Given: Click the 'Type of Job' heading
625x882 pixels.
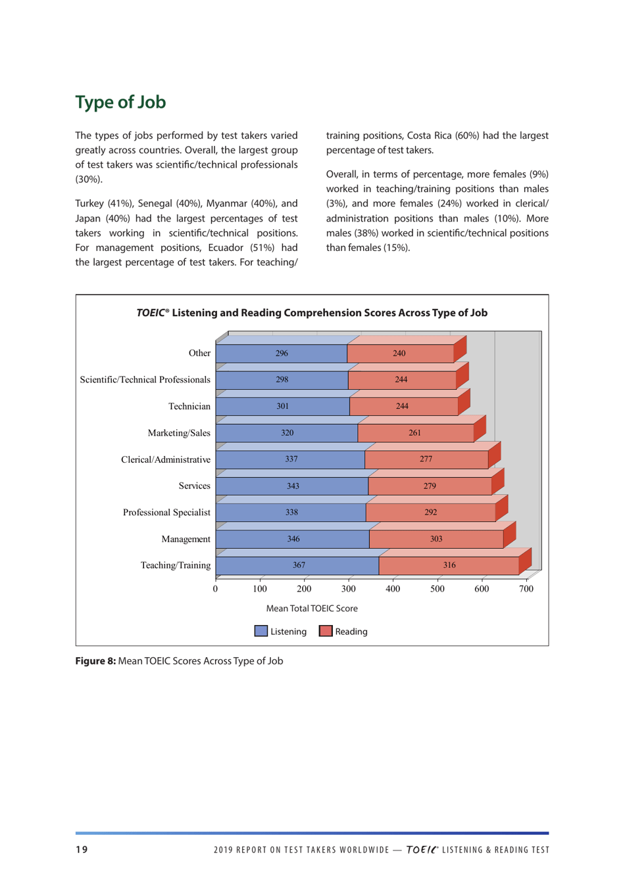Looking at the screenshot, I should [x=120, y=103].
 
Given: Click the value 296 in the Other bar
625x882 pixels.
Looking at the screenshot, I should [x=282, y=354].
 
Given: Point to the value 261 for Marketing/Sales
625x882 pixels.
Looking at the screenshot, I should [x=414, y=433].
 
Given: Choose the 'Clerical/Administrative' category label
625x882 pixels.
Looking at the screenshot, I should [x=165, y=459].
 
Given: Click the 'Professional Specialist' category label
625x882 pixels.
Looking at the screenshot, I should [x=166, y=513].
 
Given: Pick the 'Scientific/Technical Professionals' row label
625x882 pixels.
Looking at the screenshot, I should [x=145, y=380].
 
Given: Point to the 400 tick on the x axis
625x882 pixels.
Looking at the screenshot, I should [x=393, y=589].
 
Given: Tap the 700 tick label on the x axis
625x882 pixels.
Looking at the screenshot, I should [x=526, y=589].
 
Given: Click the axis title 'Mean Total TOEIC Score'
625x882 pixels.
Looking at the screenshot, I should [x=312, y=609].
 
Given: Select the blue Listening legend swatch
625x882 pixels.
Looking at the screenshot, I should [x=261, y=632].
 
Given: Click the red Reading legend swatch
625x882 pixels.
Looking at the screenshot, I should [x=326, y=632].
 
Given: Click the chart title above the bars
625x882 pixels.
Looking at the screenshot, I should [x=312, y=313].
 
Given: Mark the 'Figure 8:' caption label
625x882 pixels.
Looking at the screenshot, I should [x=95, y=661].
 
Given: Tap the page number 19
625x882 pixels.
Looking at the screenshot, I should [x=81, y=850].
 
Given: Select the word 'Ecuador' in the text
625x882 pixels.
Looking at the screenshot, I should [x=226, y=248].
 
